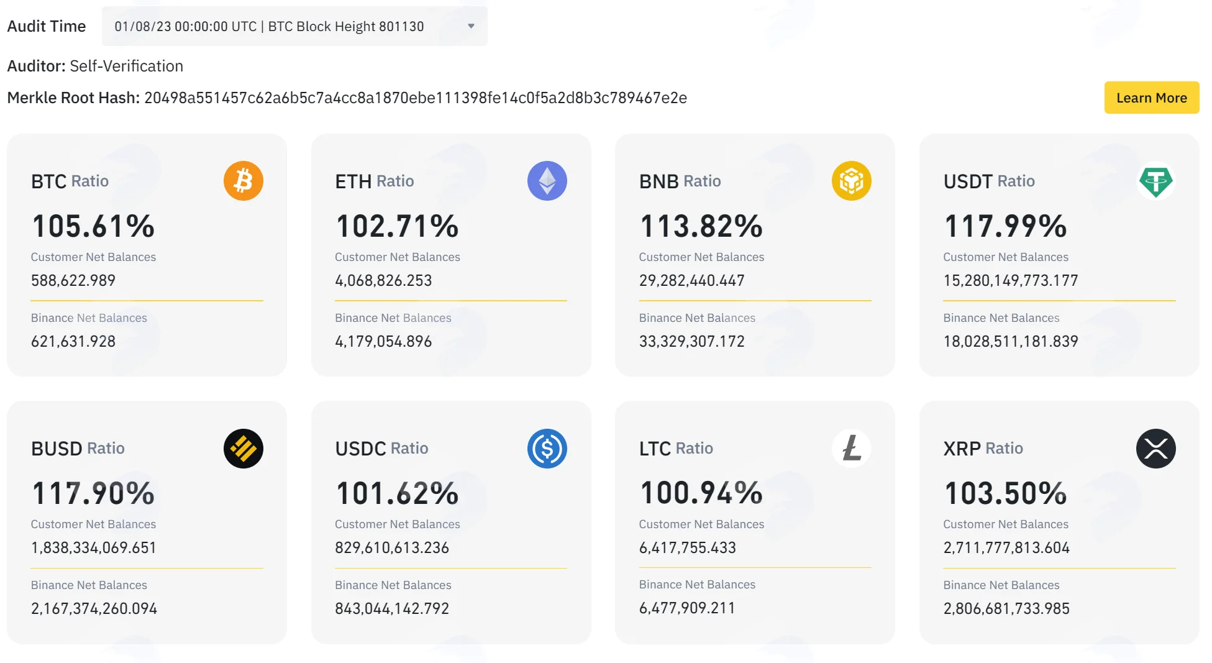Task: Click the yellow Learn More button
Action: pos(1151,98)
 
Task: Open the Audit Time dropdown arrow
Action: pos(471,26)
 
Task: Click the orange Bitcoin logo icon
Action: pos(243,181)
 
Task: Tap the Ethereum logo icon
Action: pos(547,181)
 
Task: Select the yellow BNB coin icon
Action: pos(851,181)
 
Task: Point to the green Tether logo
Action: pos(1155,181)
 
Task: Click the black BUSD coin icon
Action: pos(243,449)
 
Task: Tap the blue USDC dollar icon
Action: pos(547,449)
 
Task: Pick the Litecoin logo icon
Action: pos(851,448)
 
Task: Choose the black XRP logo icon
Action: pos(1155,449)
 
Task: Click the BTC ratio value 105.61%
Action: pos(93,226)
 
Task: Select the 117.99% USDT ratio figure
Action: pos(1005,226)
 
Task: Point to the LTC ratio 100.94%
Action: pos(701,493)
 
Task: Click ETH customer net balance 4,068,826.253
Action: pos(383,280)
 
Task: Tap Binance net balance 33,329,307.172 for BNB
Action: pos(691,341)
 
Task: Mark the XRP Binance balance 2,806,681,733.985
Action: pos(1006,608)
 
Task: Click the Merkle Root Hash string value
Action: pos(416,98)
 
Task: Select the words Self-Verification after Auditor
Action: pos(126,66)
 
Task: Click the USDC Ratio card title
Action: pos(381,448)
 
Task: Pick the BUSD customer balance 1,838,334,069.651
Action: pos(93,547)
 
